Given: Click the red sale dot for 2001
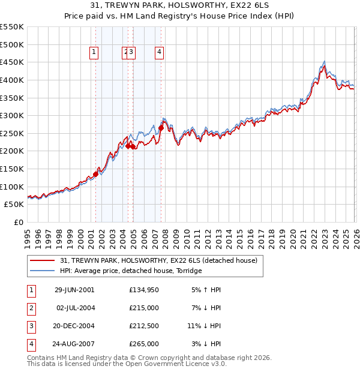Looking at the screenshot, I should pos(96,174).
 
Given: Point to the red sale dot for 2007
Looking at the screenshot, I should pos(161,128).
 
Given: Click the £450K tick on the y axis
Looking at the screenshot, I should pos(12,62).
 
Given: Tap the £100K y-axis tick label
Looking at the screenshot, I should pos(12,187).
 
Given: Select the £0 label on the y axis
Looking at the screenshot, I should pos(19,222).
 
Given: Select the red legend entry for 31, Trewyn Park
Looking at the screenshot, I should pos(159,260).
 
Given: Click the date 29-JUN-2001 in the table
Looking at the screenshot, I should pos(74,290).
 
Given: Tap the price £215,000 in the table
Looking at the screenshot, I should pos(144,308).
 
